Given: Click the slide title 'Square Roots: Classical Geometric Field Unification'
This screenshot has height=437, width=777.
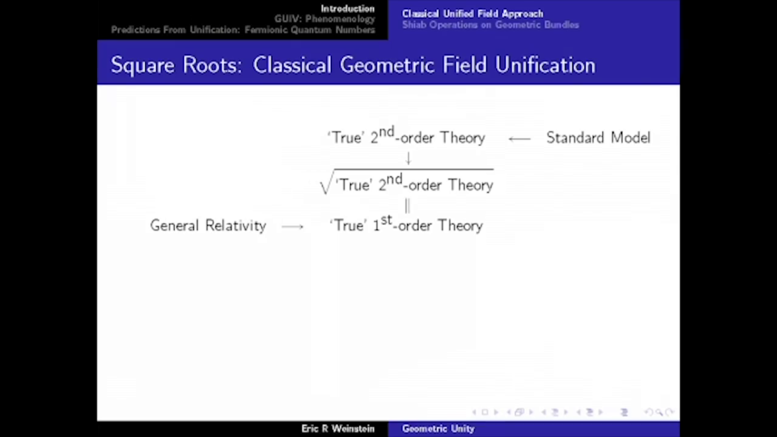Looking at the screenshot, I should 353,65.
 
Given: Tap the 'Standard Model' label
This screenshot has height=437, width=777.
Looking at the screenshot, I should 598,138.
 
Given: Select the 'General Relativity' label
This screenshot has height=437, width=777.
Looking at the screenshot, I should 208,226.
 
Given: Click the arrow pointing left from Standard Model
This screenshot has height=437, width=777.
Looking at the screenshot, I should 519,139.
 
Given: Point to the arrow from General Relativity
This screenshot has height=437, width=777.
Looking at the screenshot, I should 293,227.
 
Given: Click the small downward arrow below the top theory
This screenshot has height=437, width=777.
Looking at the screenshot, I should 408,158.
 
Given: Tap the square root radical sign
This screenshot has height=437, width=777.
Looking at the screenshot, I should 326,183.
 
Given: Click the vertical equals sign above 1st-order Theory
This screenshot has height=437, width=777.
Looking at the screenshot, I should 407,206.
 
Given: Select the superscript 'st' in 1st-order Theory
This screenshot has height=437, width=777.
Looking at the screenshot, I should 387,220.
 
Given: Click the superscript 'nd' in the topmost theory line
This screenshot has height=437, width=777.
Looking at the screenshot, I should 387,132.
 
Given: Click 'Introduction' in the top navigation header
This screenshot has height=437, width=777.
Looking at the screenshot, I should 348,9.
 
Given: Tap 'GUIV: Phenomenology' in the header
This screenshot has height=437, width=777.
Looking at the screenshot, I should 324,19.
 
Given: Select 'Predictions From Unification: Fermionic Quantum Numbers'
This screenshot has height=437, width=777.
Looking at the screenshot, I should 243,30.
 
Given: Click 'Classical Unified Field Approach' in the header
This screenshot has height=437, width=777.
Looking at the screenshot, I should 473,14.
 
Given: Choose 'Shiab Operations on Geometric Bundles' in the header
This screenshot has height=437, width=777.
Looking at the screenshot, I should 490,25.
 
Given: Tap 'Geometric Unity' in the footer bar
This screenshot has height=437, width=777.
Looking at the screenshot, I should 438,429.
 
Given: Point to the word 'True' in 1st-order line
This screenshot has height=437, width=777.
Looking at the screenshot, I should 350,226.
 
